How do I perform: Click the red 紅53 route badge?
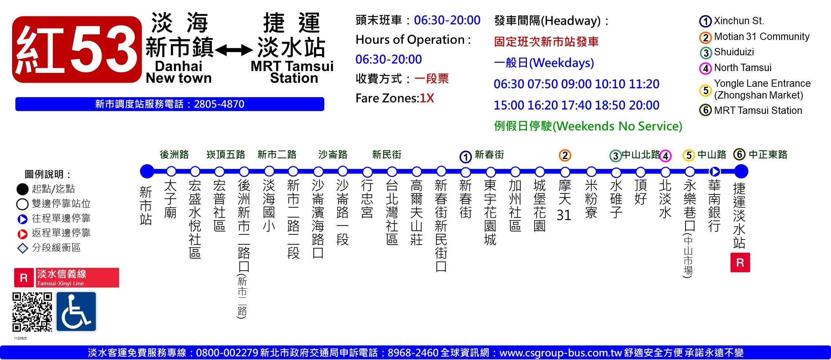tap(77, 49)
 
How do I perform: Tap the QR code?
tap(32, 312)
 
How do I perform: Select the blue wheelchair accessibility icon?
tap(76, 312)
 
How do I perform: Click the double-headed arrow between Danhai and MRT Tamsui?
tap(234, 50)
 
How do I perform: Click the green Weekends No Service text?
tap(588, 126)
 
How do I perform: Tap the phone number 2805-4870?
tap(219, 104)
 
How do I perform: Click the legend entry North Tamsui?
tap(736, 68)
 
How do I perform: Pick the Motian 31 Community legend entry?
tap(754, 37)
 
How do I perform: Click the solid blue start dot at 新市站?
tap(147, 171)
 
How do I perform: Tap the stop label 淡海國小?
tap(269, 205)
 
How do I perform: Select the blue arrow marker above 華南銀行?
tap(714, 171)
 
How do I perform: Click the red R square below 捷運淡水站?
tap(740, 262)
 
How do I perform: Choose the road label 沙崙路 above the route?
tap(333, 155)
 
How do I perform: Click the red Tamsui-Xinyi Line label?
tap(67, 278)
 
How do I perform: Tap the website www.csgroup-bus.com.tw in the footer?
tap(561, 353)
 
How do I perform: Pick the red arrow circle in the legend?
tap(23, 234)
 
